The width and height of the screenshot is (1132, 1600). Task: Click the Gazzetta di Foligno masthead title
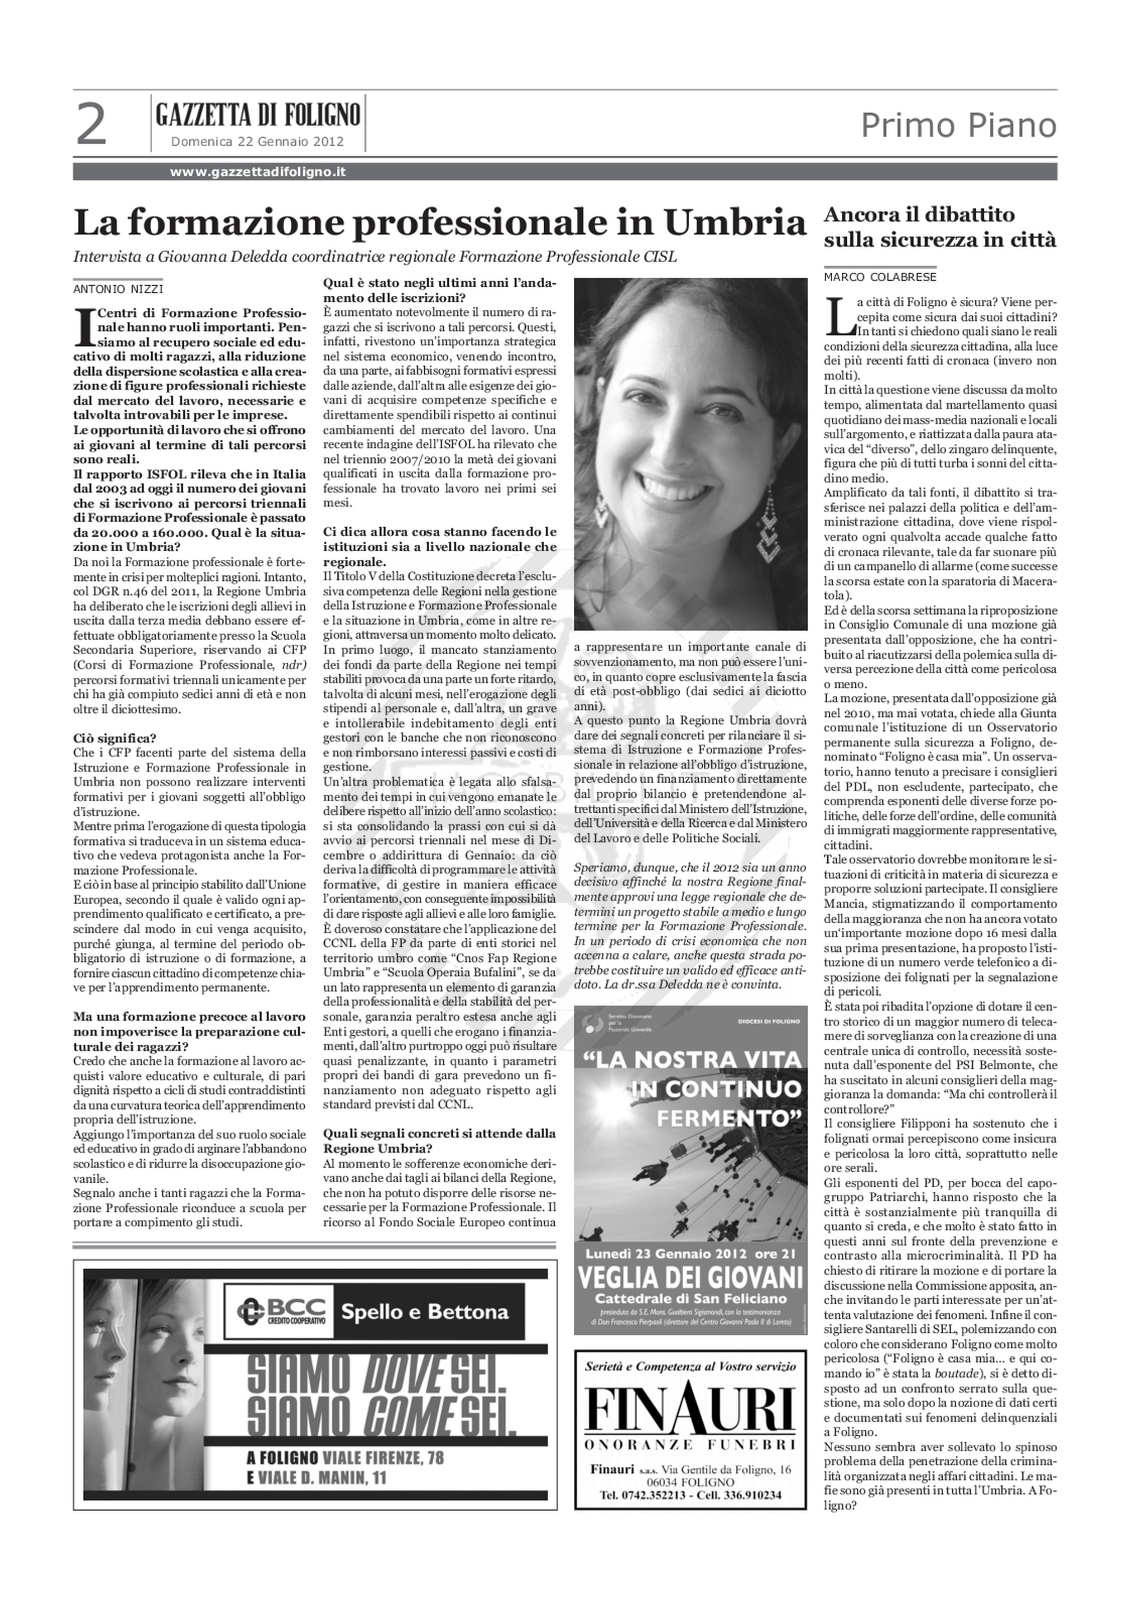coord(258,114)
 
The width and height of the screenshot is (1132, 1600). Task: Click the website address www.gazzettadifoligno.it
coord(258,172)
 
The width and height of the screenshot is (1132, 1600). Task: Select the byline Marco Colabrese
coord(880,277)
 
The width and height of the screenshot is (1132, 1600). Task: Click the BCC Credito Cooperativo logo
coord(279,1311)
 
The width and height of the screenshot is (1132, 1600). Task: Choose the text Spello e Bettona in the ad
coord(425,1312)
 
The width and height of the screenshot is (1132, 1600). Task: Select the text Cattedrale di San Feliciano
coord(690,1299)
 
